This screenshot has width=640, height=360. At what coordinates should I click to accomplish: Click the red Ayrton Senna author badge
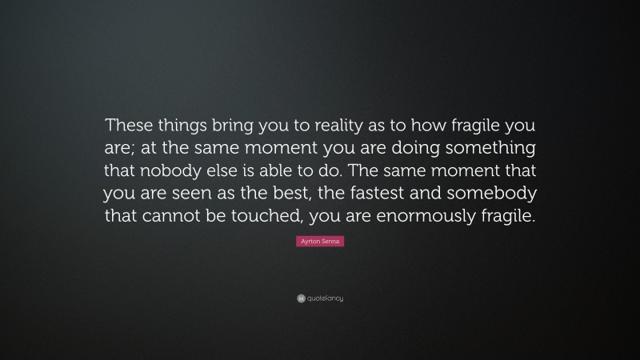pos(320,241)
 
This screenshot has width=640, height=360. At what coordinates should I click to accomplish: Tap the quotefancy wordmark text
pos(326,298)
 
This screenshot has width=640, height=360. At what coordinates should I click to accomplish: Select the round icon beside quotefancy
pos(301,298)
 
